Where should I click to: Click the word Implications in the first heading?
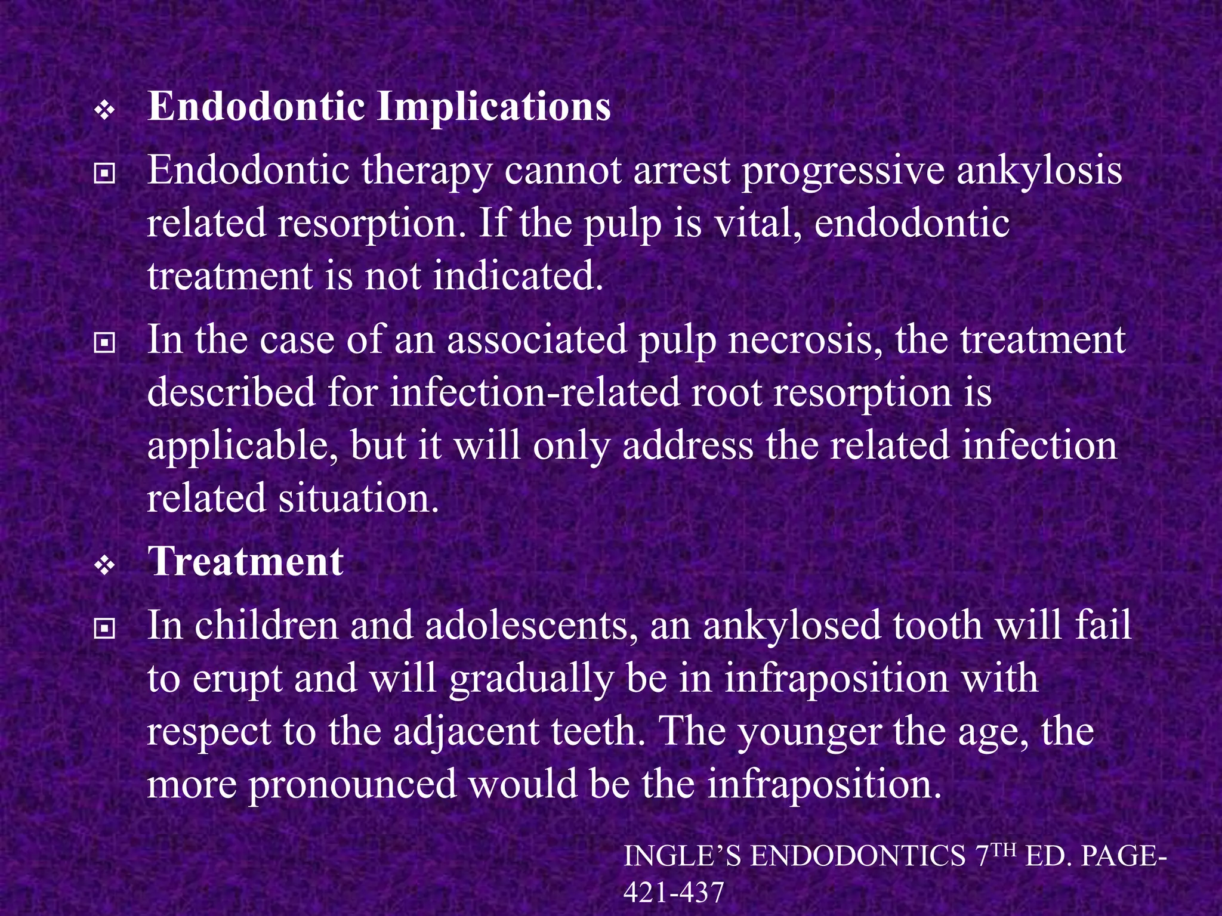(x=494, y=107)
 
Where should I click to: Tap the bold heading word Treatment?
(x=245, y=562)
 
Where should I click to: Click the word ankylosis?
(x=1039, y=171)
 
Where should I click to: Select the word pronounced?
(x=351, y=784)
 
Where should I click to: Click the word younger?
(x=809, y=732)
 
